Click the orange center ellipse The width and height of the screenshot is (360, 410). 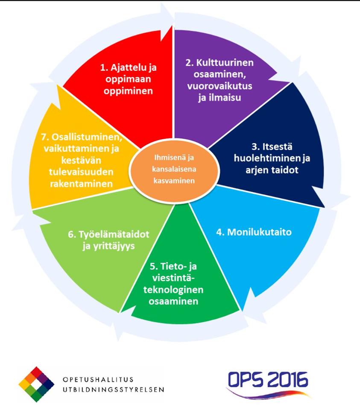click(174, 171)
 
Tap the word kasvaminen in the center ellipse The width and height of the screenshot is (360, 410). click(174, 181)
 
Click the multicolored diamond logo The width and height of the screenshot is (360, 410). click(36, 384)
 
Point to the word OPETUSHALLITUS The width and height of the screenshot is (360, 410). click(98, 379)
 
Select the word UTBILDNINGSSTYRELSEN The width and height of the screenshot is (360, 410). click(114, 389)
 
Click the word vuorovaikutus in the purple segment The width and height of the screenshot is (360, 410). click(220, 86)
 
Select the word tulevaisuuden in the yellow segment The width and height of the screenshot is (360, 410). click(81, 172)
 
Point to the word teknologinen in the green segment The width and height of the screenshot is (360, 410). click(173, 290)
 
